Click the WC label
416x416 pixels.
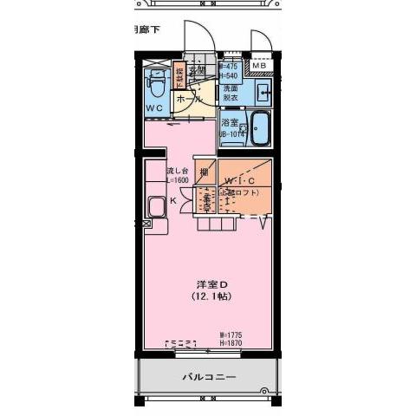tap(154, 107)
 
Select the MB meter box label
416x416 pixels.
tap(259, 66)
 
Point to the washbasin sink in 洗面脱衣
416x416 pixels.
tap(263, 91)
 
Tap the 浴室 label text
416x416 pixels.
tap(229, 123)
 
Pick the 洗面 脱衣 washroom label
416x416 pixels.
tap(231, 93)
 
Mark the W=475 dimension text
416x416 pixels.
tap(230, 66)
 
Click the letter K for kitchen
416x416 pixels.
tap(172, 201)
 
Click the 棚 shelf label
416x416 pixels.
tap(204, 172)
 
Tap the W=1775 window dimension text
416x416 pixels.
tap(233, 335)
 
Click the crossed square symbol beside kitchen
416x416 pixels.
tap(146, 224)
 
